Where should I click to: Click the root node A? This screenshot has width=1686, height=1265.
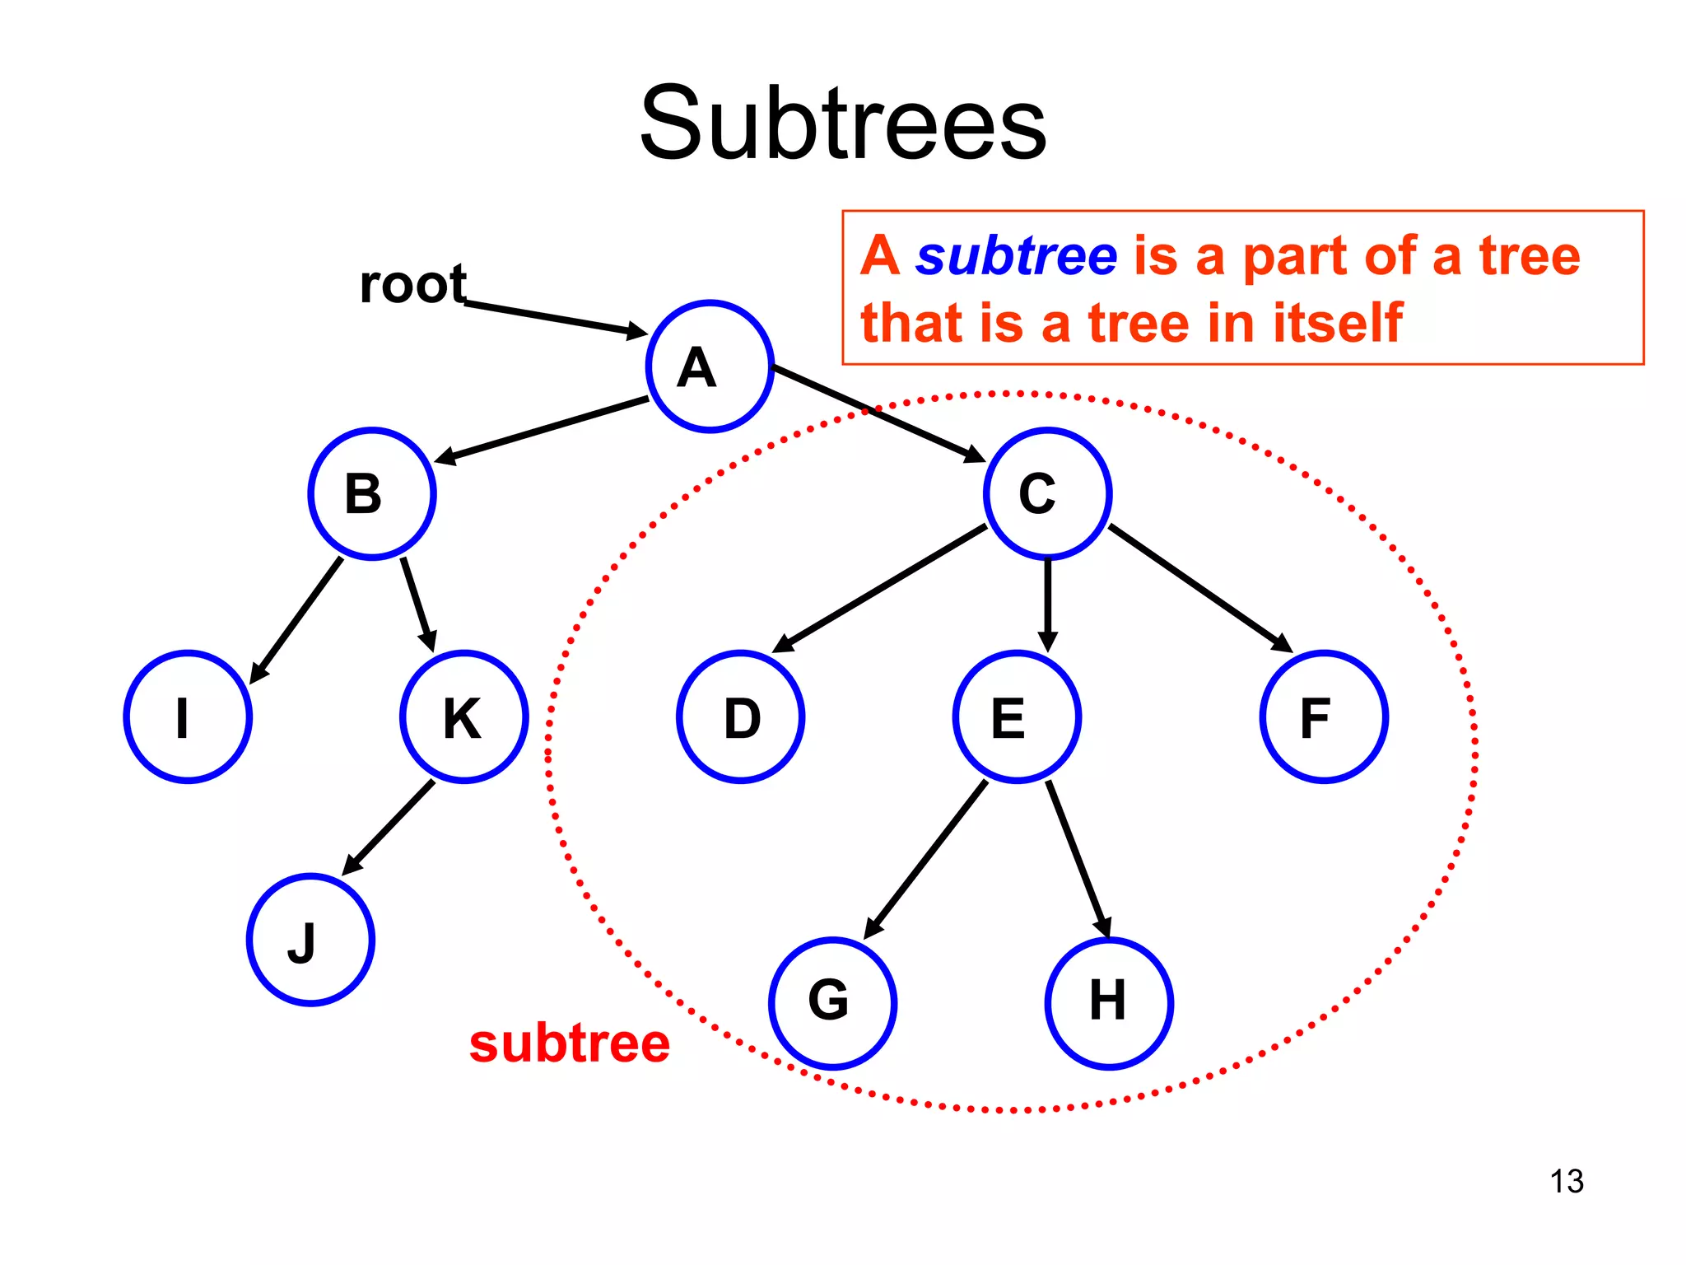[x=710, y=366]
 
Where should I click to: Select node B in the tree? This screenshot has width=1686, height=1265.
[x=372, y=494]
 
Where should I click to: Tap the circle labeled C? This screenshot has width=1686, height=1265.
[x=1047, y=494]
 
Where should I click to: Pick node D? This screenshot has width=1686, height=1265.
[x=740, y=717]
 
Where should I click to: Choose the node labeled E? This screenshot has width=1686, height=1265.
[x=1017, y=717]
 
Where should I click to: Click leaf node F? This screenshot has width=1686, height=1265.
[x=1324, y=717]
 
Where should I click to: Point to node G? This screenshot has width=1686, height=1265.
[x=832, y=1003]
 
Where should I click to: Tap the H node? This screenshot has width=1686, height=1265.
[x=1109, y=1003]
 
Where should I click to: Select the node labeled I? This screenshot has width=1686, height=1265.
[x=188, y=717]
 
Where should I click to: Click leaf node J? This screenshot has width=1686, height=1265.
[x=310, y=940]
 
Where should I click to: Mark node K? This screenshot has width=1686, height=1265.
[x=463, y=717]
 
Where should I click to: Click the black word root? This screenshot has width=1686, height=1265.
[x=413, y=285]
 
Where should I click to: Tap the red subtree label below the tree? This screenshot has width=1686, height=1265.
[x=570, y=1044]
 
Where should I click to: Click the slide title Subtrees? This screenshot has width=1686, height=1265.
[x=843, y=124]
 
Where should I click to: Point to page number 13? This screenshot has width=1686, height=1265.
[x=1566, y=1181]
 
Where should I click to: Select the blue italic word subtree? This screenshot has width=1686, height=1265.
[x=1016, y=256]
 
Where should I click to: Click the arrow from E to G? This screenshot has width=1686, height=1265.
[x=926, y=860]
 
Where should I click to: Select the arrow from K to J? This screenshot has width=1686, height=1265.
[x=388, y=828]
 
